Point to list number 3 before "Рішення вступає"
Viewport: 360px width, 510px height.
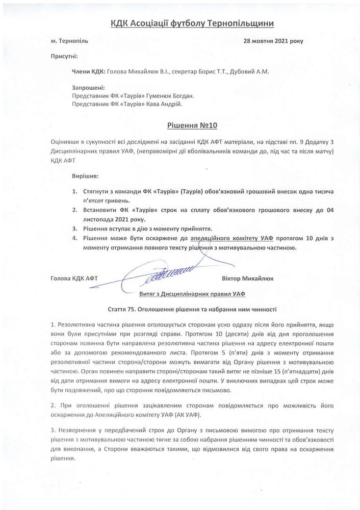click(75, 228)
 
